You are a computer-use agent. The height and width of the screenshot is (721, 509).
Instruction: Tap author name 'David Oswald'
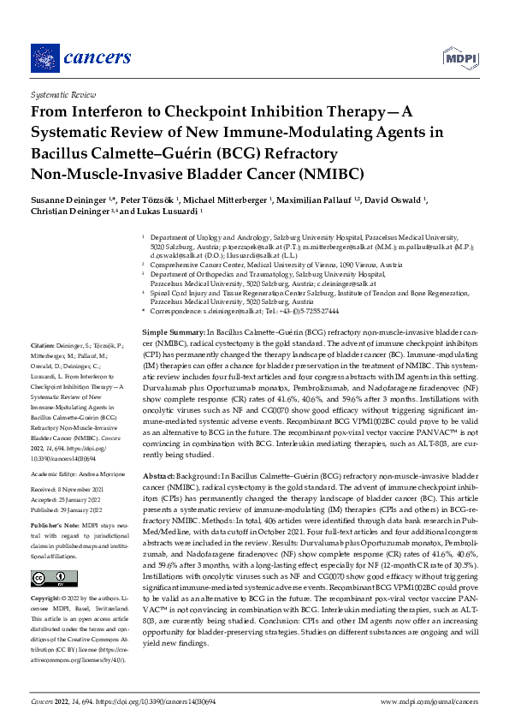(401, 200)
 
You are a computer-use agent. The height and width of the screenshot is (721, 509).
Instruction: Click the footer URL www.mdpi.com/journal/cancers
(429, 700)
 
